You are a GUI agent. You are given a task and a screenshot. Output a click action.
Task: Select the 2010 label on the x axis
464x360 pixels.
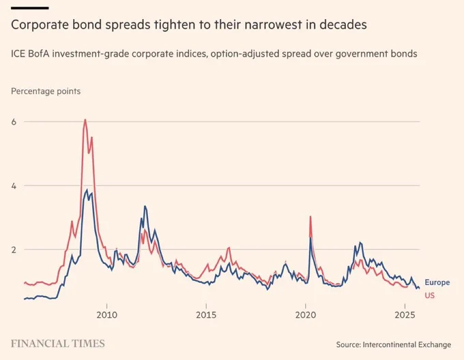(x=106, y=315)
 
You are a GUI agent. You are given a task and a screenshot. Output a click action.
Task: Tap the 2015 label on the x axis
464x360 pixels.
(x=206, y=315)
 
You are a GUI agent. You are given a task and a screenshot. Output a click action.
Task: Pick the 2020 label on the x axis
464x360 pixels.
(x=306, y=315)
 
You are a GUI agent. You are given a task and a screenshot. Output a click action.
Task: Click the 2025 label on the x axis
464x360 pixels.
(x=406, y=315)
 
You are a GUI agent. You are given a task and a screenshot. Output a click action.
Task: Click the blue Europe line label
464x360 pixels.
(x=437, y=282)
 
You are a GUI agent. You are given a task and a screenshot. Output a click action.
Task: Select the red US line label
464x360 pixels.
(x=429, y=295)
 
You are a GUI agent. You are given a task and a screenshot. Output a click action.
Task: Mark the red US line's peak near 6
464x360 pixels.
(x=85, y=120)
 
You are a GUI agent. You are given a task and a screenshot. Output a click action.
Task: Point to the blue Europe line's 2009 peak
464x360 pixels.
(x=86, y=190)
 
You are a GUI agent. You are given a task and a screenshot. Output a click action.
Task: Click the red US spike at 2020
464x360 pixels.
(x=310, y=217)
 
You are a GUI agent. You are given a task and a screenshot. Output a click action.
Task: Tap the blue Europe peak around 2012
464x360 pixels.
(x=145, y=206)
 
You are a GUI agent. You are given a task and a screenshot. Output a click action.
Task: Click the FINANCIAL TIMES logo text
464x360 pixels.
(x=58, y=343)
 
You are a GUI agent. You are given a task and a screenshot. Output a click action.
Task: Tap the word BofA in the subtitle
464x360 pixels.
(x=46, y=52)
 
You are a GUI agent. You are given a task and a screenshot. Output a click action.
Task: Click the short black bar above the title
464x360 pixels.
(x=30, y=7)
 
